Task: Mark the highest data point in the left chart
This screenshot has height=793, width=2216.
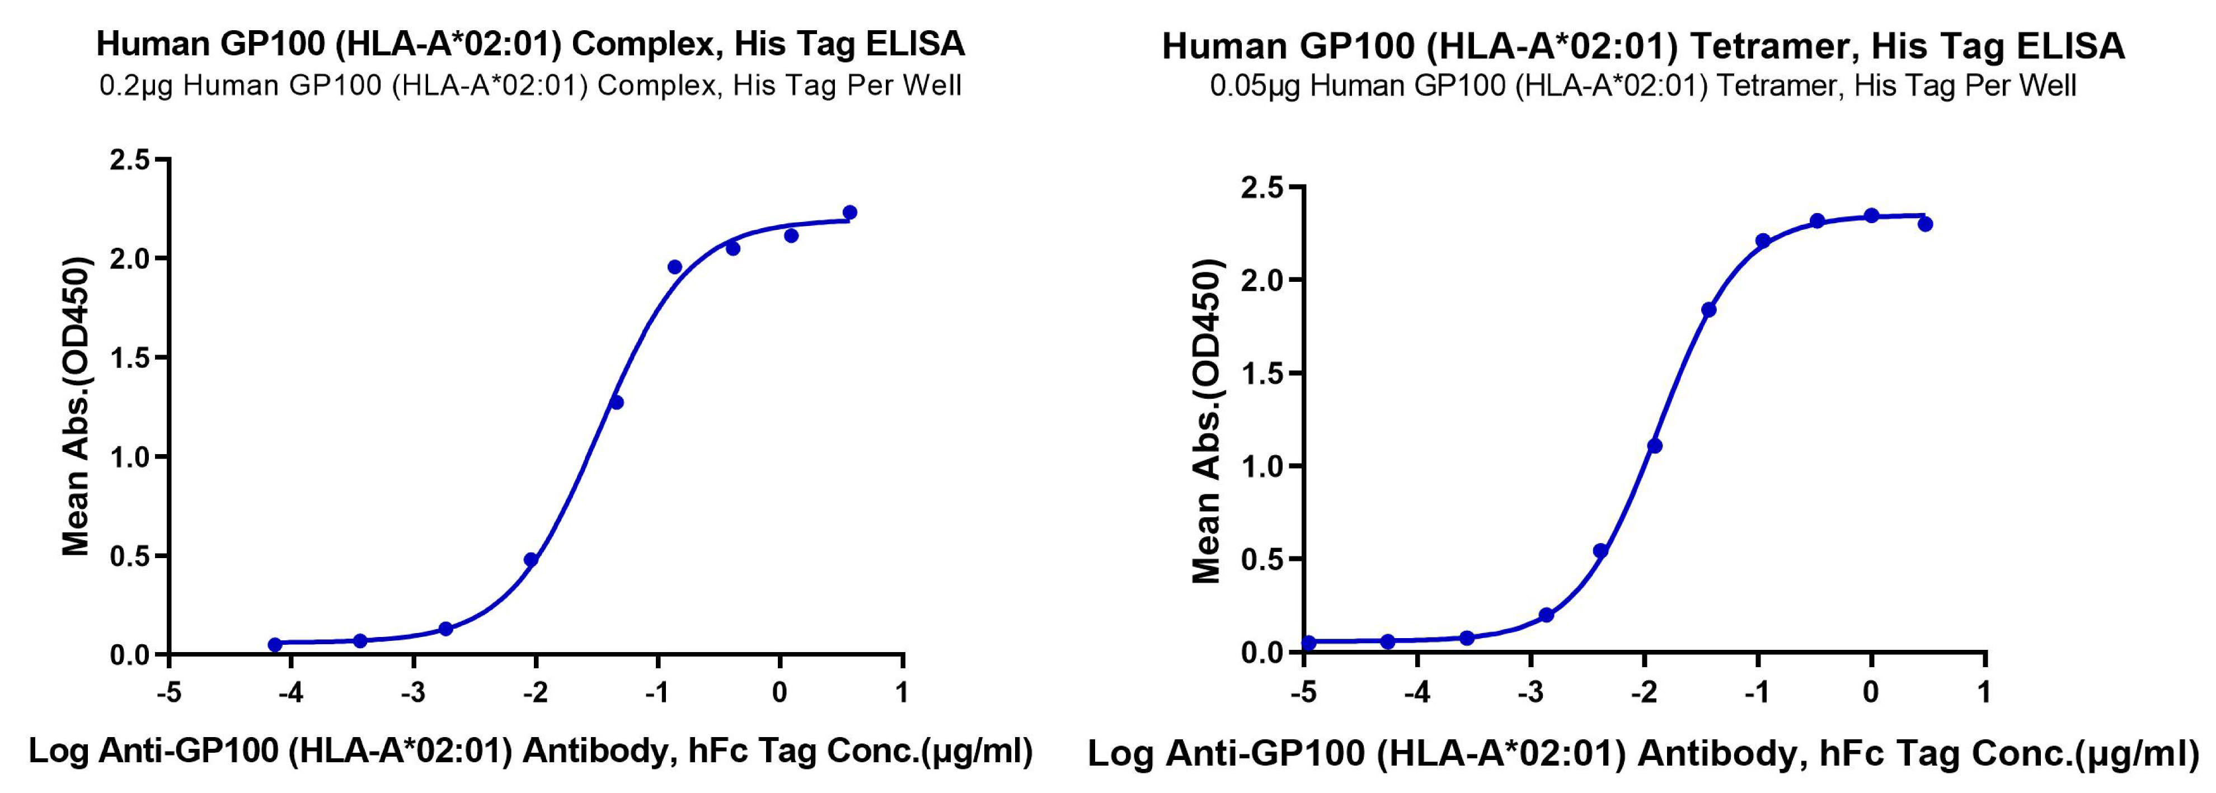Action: [850, 213]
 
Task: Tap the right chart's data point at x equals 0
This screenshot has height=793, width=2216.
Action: [1871, 215]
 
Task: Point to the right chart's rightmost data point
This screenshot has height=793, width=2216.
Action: [1925, 224]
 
